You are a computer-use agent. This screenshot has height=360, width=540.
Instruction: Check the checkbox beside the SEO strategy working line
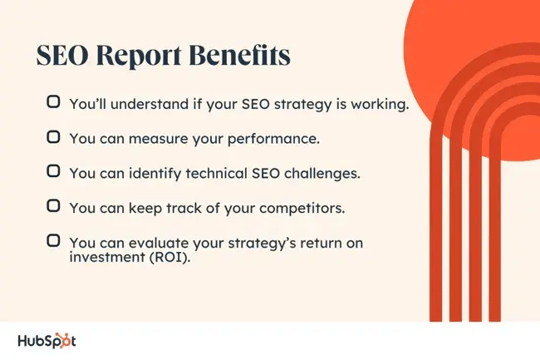[x=53, y=103]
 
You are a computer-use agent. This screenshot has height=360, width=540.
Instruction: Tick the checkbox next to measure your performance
[x=53, y=137]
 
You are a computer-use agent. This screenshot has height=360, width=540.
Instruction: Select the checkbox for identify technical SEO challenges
[x=53, y=171]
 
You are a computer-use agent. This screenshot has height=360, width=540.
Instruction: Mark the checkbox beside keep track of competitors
[x=53, y=205]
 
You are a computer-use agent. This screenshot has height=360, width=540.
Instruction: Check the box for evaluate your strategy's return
[x=53, y=239]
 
